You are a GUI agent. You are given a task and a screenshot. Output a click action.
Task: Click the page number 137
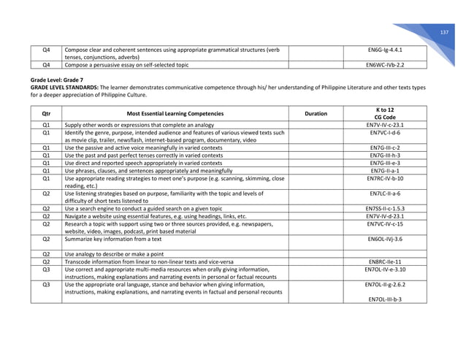pyautogui.click(x=443, y=33)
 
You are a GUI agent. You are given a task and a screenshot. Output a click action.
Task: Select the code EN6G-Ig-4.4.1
pyautogui.click(x=385, y=49)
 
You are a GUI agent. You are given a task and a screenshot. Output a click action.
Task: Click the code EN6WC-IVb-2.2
pyautogui.click(x=385, y=64)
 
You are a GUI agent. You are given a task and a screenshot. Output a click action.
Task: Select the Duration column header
pyautogui.click(x=316, y=113)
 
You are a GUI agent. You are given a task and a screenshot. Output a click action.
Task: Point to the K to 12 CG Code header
pyautogui.click(x=385, y=113)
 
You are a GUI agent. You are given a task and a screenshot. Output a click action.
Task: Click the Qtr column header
pyautogui.click(x=46, y=113)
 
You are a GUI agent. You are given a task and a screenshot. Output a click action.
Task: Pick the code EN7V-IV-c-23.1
pyautogui.click(x=385, y=125)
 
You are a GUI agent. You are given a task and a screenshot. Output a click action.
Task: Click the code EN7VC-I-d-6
pyautogui.click(x=385, y=133)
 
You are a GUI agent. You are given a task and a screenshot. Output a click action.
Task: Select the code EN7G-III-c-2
pyautogui.click(x=385, y=148)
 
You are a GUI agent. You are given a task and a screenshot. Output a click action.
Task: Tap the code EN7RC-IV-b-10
pyautogui.click(x=385, y=177)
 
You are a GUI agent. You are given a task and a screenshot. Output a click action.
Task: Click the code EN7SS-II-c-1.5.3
pyautogui.click(x=385, y=208)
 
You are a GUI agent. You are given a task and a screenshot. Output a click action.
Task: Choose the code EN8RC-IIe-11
pyautogui.click(x=385, y=261)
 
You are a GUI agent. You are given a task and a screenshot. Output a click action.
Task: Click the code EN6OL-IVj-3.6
pyautogui.click(x=385, y=238)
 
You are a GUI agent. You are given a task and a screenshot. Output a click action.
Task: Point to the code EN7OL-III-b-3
pyautogui.click(x=385, y=299)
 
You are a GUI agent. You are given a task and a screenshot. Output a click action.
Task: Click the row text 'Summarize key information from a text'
pyautogui.click(x=113, y=238)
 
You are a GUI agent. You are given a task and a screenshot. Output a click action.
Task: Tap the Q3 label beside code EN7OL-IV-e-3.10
pyautogui.click(x=46, y=269)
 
